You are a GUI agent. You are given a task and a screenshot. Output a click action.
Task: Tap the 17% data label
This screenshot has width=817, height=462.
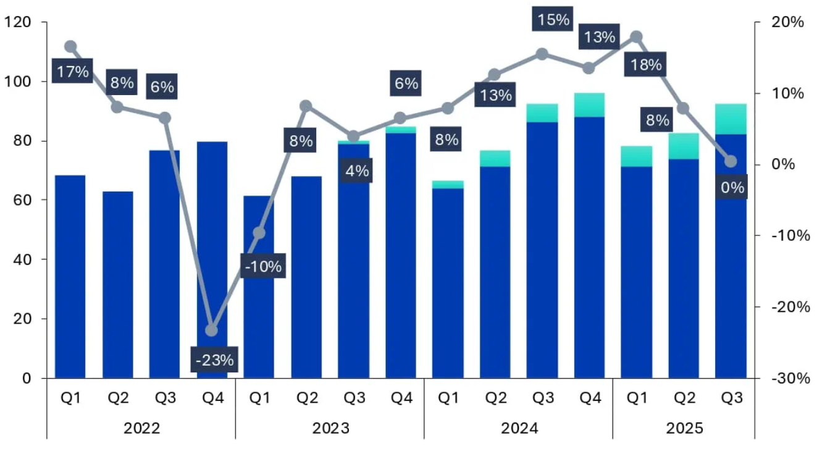point(72,72)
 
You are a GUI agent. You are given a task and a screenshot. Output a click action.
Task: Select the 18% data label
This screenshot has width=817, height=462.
point(646,64)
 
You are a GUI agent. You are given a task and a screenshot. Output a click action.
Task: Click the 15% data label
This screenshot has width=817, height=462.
point(553,20)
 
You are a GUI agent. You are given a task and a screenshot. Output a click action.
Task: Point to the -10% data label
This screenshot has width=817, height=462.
point(262,266)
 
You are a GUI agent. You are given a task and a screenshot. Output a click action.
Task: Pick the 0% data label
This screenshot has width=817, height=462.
point(732,187)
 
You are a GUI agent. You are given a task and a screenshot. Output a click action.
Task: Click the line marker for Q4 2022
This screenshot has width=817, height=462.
point(212,330)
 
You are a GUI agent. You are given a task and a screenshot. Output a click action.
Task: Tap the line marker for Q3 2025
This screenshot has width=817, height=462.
point(731,161)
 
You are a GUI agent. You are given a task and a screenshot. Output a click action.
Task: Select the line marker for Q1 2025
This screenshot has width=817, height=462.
point(637,36)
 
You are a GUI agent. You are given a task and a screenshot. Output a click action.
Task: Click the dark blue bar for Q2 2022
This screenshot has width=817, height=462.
point(117,284)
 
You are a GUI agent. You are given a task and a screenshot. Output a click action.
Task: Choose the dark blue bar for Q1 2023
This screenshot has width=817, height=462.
point(259,287)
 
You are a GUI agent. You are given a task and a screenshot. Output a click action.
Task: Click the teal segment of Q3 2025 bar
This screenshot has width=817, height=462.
point(731,119)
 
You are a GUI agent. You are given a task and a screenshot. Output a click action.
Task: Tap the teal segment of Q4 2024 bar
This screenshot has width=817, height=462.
point(589,104)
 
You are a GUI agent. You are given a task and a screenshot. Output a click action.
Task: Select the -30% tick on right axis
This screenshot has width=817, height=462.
point(790,378)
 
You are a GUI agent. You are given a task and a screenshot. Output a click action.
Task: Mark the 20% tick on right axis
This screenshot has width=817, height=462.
point(787,22)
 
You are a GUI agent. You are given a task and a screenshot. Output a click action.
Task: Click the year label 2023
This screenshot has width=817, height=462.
point(330,428)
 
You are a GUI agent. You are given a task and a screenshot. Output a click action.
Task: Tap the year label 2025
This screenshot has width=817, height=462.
point(684,428)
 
